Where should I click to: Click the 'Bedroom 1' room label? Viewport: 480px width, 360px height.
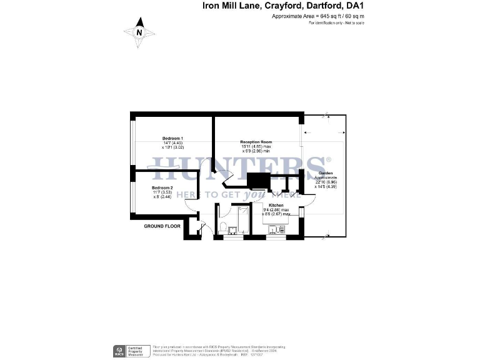(x=172, y=137)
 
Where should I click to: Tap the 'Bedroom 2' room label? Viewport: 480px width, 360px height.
(x=162, y=187)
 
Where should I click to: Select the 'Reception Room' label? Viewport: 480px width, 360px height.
(x=256, y=142)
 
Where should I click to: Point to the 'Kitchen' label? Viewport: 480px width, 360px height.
(x=276, y=205)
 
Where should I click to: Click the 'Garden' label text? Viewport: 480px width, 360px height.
(x=325, y=172)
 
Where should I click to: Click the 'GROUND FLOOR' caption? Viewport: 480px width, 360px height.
(x=162, y=226)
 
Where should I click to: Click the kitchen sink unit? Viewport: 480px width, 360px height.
(x=276, y=230)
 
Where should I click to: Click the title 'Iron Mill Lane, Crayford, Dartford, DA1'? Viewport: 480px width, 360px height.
(x=282, y=6)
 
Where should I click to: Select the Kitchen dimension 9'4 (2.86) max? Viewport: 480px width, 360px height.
(x=276, y=210)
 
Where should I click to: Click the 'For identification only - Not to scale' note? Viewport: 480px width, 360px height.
(x=336, y=23)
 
